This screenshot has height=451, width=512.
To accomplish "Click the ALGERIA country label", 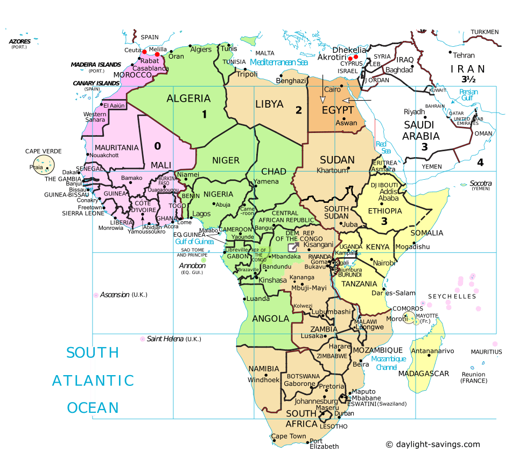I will (x=188, y=98).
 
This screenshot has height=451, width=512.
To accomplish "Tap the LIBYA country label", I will (x=270, y=103).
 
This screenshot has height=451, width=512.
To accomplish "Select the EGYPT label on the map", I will (x=338, y=110).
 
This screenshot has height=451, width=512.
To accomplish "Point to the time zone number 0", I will (x=157, y=145).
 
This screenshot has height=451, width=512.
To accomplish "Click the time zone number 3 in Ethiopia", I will (x=384, y=221).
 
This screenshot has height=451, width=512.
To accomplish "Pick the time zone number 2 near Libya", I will (x=298, y=110).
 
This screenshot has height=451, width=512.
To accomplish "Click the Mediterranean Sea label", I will (x=279, y=62).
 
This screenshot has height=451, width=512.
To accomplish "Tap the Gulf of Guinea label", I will (x=194, y=242).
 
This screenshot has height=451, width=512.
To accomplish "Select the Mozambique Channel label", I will (x=388, y=363).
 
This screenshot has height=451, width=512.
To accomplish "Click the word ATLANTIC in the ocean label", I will (x=93, y=380).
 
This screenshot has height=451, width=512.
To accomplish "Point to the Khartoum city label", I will (x=333, y=171).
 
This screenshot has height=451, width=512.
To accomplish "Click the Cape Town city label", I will (x=288, y=436).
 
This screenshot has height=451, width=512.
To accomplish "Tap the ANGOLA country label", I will (x=271, y=319).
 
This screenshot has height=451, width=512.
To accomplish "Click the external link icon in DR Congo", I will (x=293, y=247).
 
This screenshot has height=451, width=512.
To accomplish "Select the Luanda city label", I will (x=258, y=299).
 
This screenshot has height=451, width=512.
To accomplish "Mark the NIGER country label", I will (x=226, y=160).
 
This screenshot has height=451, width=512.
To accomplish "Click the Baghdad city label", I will (x=399, y=70).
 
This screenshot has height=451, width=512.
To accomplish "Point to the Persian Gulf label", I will (x=468, y=95).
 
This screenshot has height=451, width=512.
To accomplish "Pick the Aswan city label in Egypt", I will (x=346, y=123).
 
